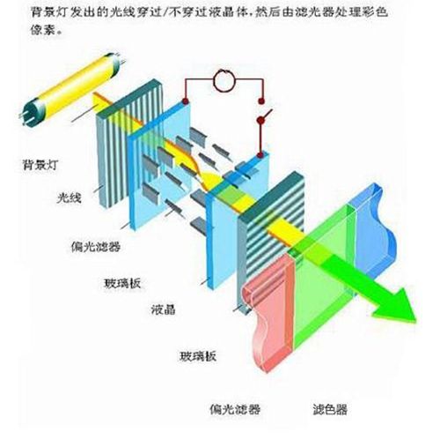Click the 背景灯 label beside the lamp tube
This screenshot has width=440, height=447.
40,164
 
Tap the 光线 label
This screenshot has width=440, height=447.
69,197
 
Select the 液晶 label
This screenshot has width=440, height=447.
164,309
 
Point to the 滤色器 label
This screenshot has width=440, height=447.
330,409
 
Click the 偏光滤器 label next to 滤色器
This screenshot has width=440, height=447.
235,409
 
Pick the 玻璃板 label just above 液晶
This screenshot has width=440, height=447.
122,283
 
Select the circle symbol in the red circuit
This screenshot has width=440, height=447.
224,80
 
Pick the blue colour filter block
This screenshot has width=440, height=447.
371,232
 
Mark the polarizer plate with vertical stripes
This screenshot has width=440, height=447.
130,141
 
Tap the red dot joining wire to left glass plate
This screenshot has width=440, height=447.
186,101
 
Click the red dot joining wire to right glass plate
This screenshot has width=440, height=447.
260,155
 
